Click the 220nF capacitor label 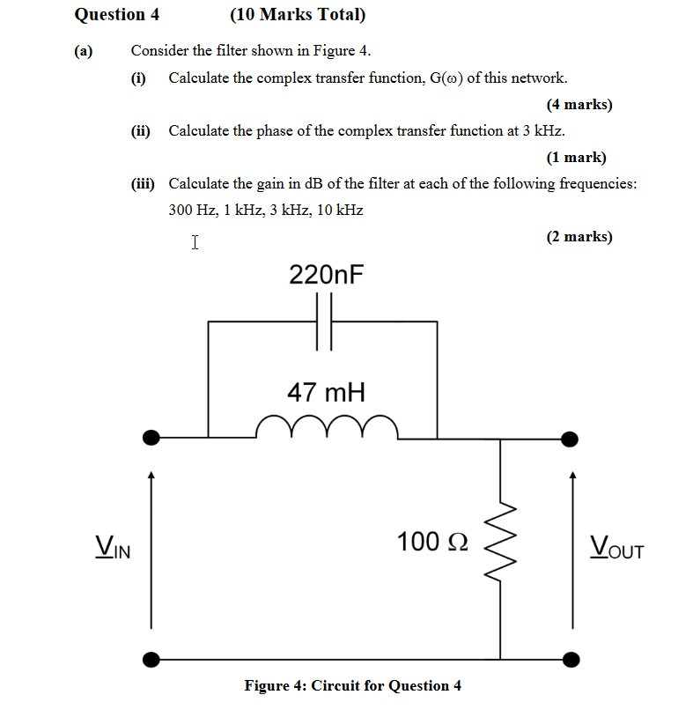pos(326,275)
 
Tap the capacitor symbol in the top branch pos(323,322)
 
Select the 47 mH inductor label pos(326,392)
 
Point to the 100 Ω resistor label pos(431,541)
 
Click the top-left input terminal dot pos(152,437)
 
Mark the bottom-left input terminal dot pos(152,658)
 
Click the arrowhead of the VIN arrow pos(151,477)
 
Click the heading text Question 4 pos(111,15)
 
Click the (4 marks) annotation pos(579,105)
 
